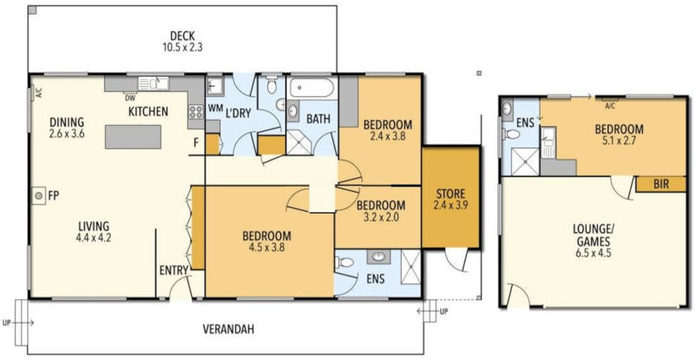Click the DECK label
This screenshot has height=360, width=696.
[x=181, y=36]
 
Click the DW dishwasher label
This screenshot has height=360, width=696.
[x=129, y=98]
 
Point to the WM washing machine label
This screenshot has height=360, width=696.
[x=215, y=108]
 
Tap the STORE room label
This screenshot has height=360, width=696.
[x=450, y=193]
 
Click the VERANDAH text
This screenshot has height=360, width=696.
[x=223, y=330]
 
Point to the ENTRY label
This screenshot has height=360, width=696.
[x=174, y=271]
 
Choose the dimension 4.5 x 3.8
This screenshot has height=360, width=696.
[x=266, y=247]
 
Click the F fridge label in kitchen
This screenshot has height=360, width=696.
[x=196, y=142]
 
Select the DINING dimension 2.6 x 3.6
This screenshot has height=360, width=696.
[x=69, y=134]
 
